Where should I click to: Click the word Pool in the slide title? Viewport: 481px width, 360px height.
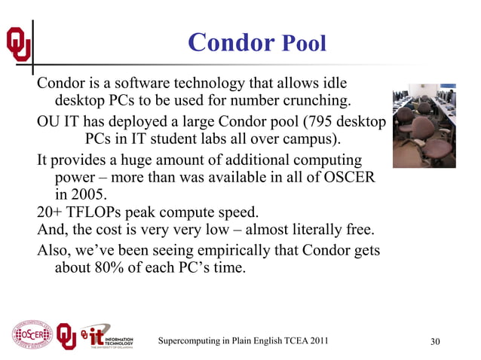(x=303, y=44)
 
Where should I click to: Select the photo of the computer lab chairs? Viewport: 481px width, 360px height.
(x=424, y=124)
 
